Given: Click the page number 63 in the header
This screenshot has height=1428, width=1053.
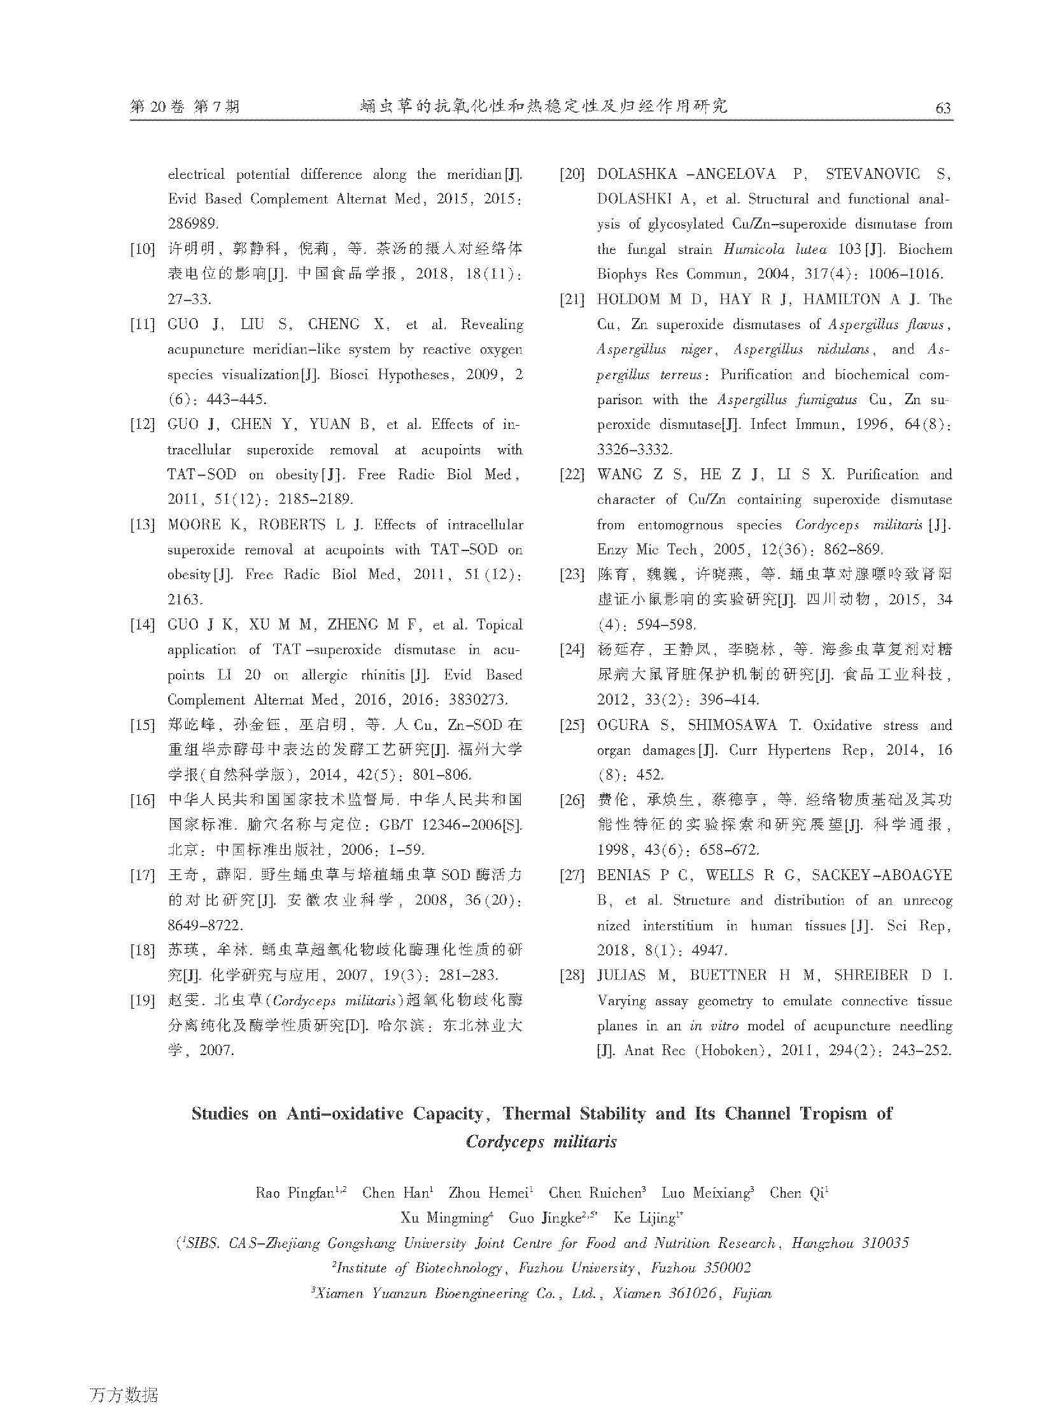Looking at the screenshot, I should pyautogui.click(x=943, y=107).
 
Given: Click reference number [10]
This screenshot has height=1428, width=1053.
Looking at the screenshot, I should pyautogui.click(x=142, y=249).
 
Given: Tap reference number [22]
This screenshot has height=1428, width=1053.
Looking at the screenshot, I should pyautogui.click(x=572, y=475).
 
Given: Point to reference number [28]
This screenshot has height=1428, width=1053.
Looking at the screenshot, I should pyautogui.click(x=572, y=976).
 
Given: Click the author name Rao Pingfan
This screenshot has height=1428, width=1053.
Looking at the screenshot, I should pyautogui.click(x=295, y=1193).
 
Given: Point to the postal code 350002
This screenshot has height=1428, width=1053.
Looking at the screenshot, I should pyautogui.click(x=726, y=1268).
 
